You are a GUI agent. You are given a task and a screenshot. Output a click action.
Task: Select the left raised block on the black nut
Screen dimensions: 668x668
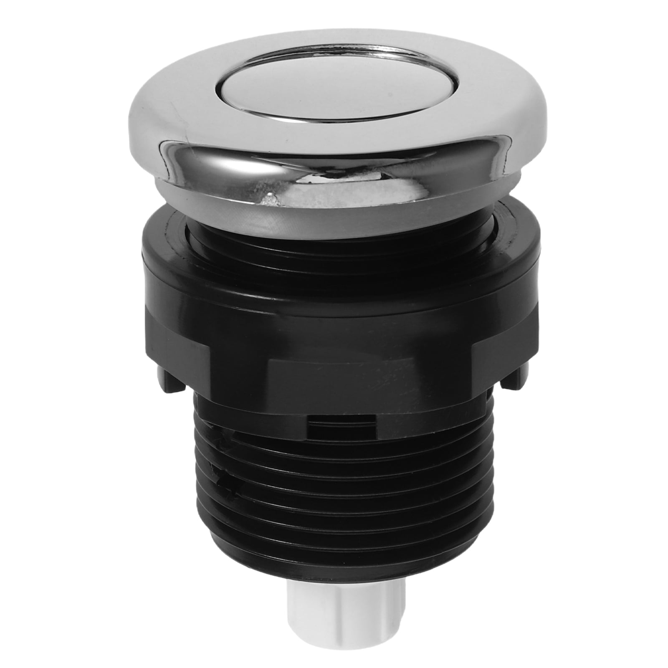pos(175,355)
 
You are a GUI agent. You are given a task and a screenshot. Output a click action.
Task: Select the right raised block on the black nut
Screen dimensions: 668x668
pos(501,355)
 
